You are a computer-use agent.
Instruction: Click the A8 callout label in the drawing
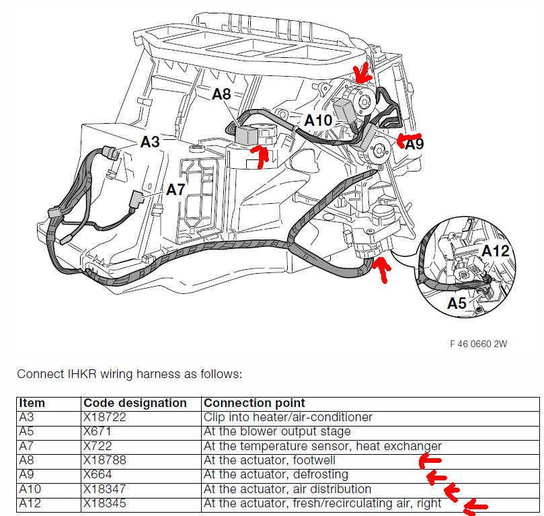pyautogui.click(x=221, y=94)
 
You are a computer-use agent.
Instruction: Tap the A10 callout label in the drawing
pyautogui.click(x=318, y=120)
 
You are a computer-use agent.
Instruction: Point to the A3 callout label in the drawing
pyautogui.click(x=150, y=141)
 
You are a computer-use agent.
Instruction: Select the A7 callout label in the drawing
pyautogui.click(x=176, y=190)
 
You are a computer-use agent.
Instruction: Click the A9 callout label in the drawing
pyautogui.click(x=415, y=144)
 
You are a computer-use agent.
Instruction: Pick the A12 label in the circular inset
pyautogui.click(x=496, y=250)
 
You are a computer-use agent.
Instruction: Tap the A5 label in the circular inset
pyautogui.click(x=457, y=303)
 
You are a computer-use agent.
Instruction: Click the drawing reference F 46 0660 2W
pyautogui.click(x=478, y=344)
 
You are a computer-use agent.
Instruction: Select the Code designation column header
pyautogui.click(x=135, y=403)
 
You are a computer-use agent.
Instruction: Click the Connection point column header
pyautogui.click(x=254, y=403)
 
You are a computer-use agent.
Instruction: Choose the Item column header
pyautogui.click(x=32, y=403)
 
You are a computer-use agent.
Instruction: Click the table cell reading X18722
pyautogui.click(x=104, y=416)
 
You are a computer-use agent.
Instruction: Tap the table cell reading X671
pyautogui.click(x=97, y=431)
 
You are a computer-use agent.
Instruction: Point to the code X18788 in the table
pyautogui.click(x=104, y=460)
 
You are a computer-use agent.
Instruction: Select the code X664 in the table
pyautogui.click(x=98, y=474)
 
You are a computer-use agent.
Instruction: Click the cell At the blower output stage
pyautogui.click(x=277, y=431)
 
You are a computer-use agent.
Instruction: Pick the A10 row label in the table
pyautogui.click(x=30, y=489)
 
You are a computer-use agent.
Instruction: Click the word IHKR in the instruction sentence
pyautogui.click(x=82, y=374)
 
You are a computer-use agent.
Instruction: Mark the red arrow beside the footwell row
pyautogui.click(x=430, y=461)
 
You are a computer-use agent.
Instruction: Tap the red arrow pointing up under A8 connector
pyautogui.click(x=260, y=157)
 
